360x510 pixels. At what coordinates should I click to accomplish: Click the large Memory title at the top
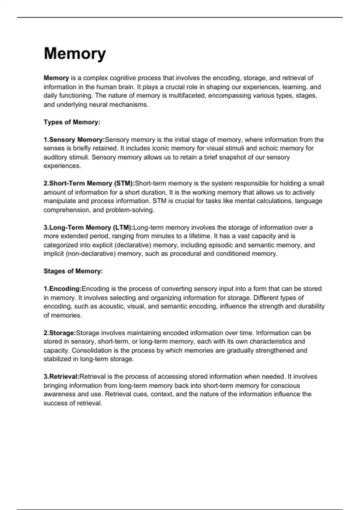[75, 54]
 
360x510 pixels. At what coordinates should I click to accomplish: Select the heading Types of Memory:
[72, 122]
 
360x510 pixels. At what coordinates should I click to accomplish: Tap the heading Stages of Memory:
[73, 271]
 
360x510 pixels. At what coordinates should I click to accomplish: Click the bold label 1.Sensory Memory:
[74, 139]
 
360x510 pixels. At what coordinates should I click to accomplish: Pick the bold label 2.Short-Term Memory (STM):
[89, 183]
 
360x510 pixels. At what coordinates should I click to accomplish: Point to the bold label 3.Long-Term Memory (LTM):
[88, 227]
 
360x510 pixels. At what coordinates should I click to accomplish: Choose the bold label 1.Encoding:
[62, 289]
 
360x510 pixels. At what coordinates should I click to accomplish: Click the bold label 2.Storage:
[60, 333]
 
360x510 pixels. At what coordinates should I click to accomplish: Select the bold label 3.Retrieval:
[61, 376]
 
